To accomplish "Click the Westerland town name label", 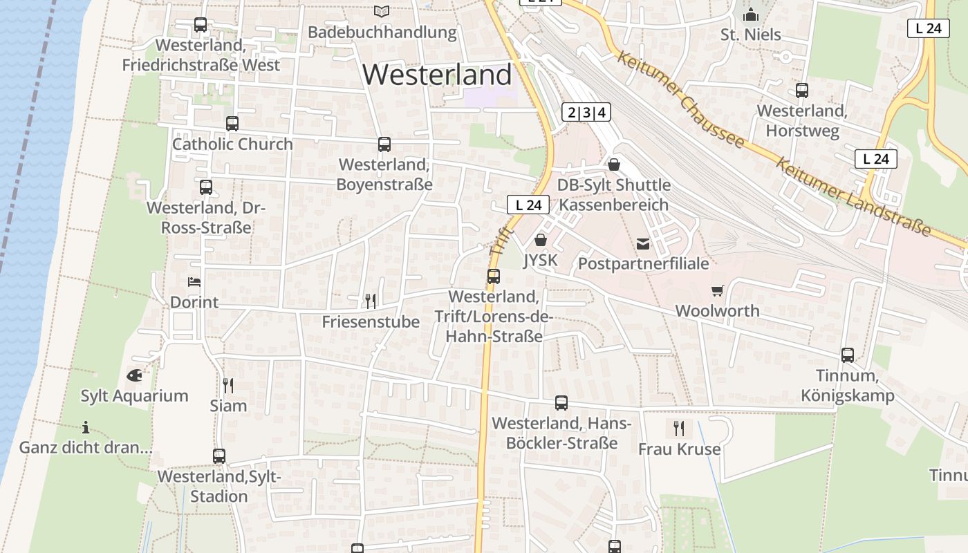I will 437,75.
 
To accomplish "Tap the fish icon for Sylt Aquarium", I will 135,375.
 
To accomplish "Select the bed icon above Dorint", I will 194,281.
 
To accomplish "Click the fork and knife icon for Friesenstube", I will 371,301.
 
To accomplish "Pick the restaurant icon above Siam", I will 228,385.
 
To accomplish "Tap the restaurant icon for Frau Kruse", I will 678,429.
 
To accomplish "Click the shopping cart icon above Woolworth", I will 717,291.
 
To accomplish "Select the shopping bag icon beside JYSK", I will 540,240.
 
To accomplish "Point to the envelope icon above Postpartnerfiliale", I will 643,243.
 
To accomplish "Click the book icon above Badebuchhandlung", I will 382,11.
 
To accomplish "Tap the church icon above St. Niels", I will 750,14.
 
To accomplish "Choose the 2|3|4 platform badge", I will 586,113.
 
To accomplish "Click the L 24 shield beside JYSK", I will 528,205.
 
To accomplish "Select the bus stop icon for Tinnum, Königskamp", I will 848,355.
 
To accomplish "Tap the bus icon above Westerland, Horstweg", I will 802,91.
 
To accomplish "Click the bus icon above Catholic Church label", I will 232,124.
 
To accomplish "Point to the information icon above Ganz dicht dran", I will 86,427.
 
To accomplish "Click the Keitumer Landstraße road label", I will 853,197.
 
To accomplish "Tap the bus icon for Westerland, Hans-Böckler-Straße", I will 561,403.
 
